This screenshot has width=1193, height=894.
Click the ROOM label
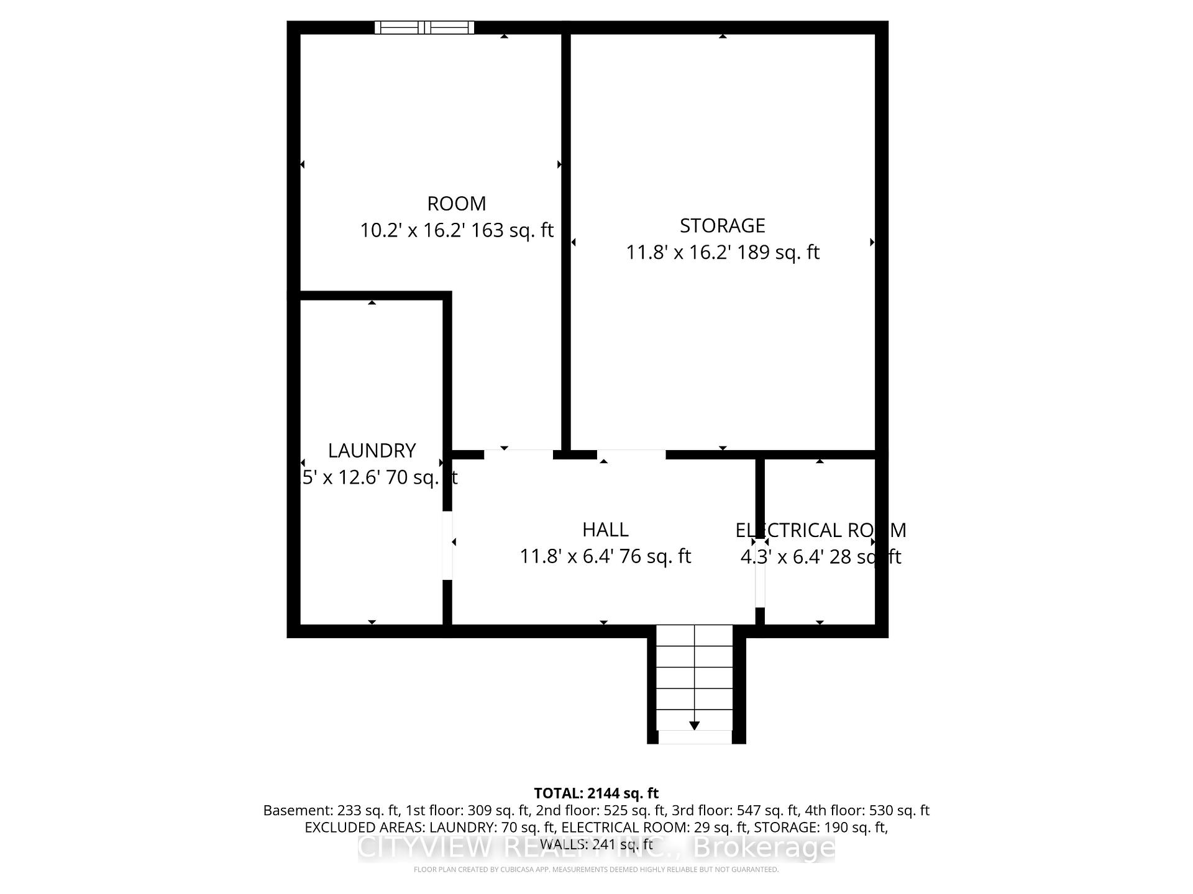456,204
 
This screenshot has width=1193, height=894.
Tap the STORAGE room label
722,225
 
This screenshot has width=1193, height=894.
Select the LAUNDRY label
372,450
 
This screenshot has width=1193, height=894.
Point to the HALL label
605,530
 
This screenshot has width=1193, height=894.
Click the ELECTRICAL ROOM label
820,530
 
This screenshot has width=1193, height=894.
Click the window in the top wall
424,27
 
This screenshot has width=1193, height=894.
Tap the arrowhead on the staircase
695,725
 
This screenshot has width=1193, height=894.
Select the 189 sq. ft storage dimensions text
722,253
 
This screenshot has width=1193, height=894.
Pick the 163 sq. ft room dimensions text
456,231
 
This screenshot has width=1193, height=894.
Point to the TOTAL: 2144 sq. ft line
596,793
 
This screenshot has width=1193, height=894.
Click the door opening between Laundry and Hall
447,545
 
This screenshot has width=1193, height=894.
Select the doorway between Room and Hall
518,454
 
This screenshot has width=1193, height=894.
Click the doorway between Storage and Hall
631,454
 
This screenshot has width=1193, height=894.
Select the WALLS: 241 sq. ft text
596,844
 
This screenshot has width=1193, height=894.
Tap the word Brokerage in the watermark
764,848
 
